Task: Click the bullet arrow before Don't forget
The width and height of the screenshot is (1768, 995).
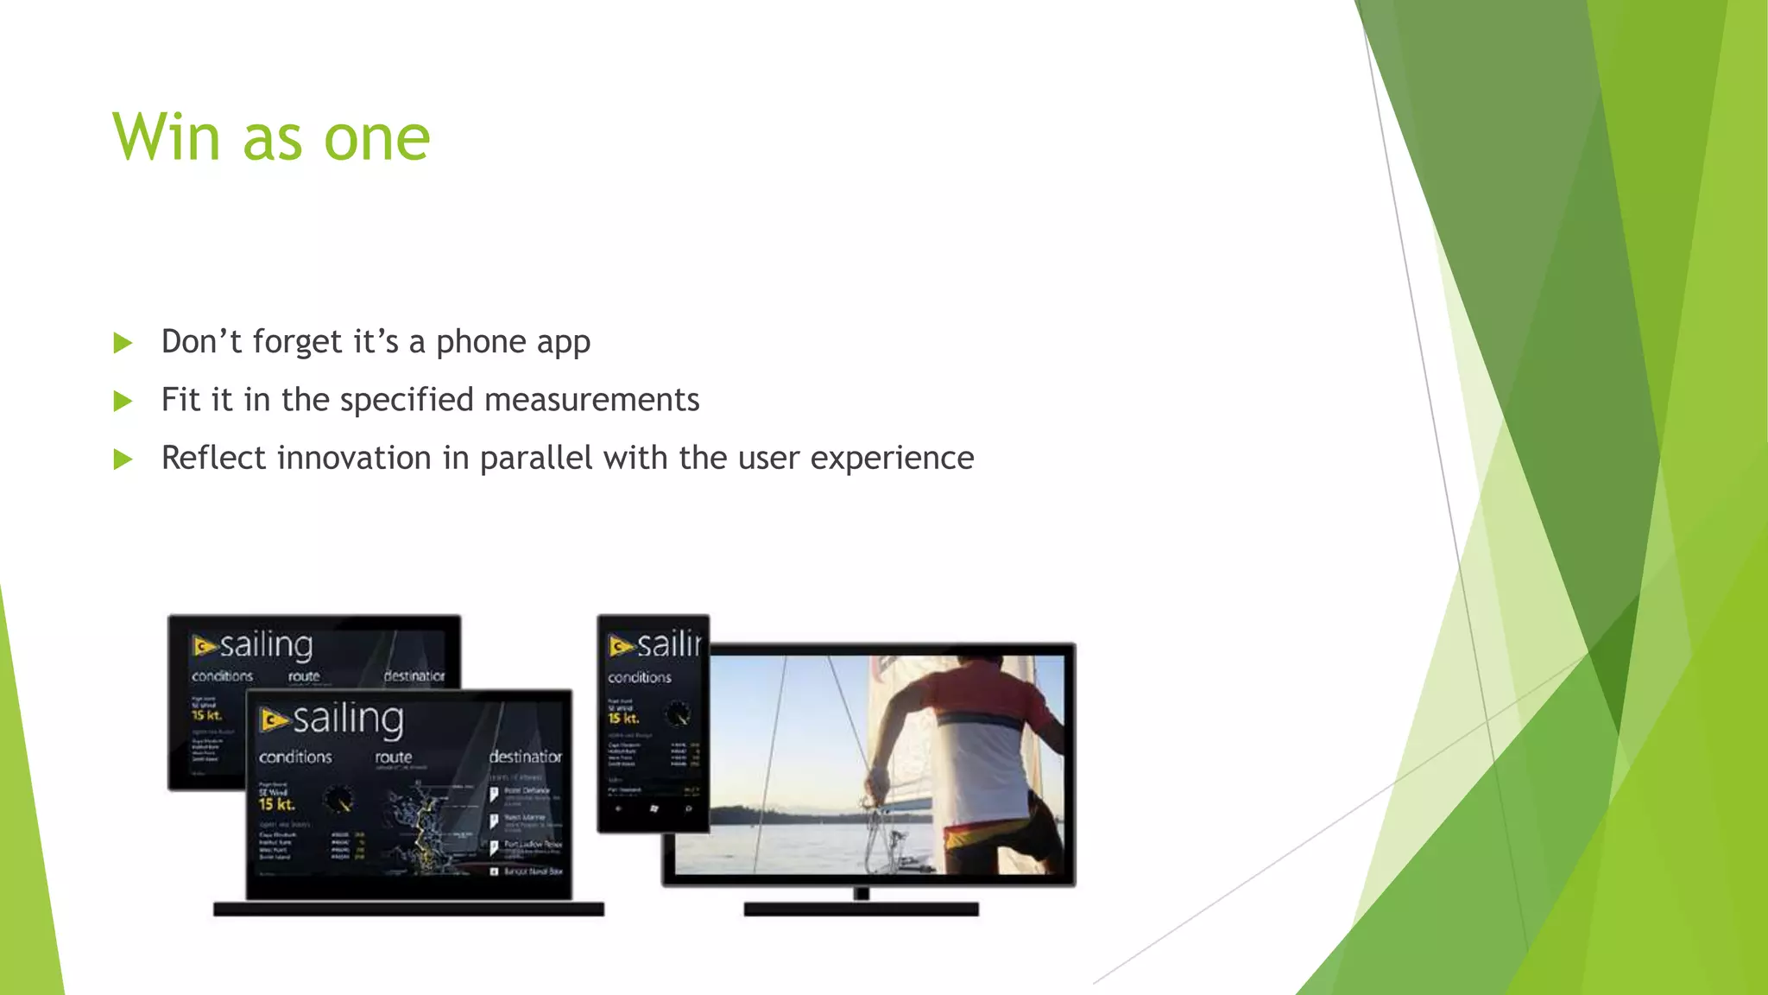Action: [123, 343]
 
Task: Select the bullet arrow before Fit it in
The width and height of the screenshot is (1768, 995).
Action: [123, 401]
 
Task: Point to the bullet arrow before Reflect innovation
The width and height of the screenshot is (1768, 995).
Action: [123, 459]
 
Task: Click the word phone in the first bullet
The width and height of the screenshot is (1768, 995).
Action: [481, 343]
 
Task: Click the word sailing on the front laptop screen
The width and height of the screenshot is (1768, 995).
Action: [348, 719]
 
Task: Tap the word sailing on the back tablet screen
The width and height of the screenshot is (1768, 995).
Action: [266, 645]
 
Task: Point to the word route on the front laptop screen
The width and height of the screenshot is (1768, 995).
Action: [393, 757]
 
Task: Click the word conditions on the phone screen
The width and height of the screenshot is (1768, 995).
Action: [639, 677]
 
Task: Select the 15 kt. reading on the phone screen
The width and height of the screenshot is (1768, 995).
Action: [623, 718]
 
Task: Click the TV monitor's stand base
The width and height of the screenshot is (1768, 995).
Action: [861, 909]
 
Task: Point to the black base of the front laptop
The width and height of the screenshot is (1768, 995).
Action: [408, 909]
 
